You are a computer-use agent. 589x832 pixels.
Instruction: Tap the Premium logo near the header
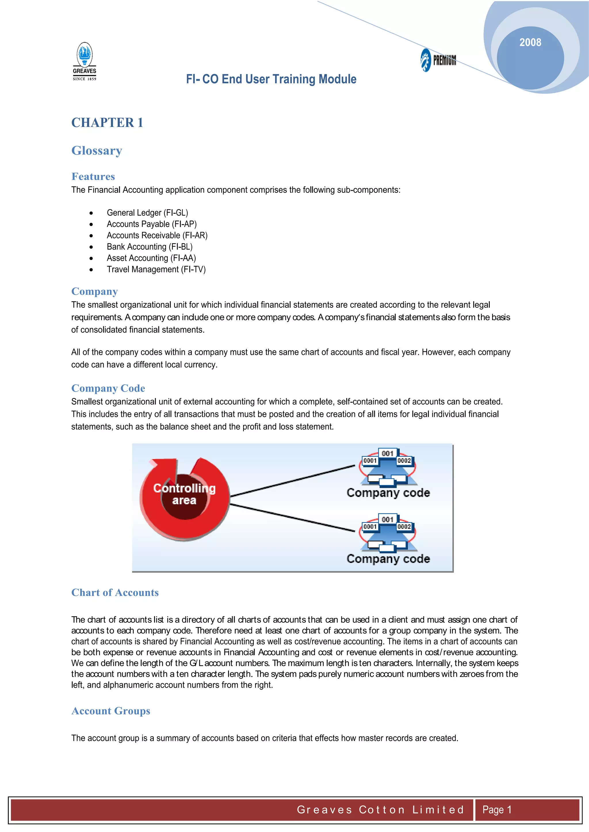[439, 60]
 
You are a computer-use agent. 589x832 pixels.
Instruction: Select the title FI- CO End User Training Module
[271, 79]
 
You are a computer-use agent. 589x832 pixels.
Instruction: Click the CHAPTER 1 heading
[107, 122]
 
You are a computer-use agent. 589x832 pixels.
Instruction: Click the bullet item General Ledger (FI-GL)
[147, 212]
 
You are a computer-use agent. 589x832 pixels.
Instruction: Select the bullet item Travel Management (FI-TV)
[156, 269]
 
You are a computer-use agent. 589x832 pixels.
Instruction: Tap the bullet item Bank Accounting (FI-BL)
[150, 246]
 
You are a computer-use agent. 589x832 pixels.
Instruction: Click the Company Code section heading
[108, 388]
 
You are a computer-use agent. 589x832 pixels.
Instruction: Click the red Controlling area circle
[184, 500]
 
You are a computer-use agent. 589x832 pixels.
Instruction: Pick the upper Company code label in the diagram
[388, 492]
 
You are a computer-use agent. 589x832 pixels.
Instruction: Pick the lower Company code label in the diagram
[388, 558]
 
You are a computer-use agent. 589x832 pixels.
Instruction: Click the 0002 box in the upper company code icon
[404, 461]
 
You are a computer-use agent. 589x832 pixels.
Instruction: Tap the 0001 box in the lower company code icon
[370, 527]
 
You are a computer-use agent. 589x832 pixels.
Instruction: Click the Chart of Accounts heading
[115, 592]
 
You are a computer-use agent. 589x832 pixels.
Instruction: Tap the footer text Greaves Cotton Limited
[380, 810]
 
